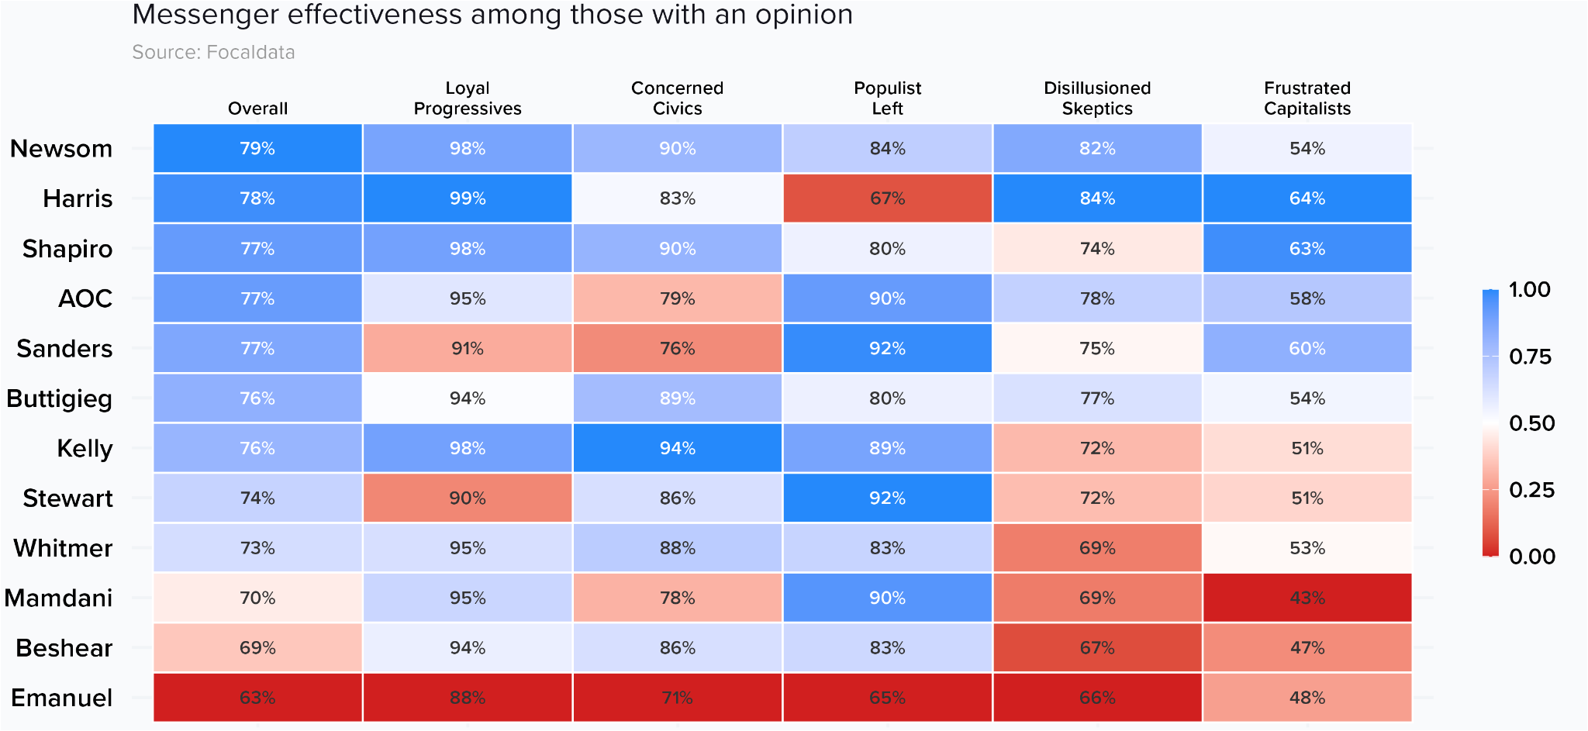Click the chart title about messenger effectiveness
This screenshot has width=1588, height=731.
(x=492, y=15)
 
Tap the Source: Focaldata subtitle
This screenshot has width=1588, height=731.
(x=213, y=52)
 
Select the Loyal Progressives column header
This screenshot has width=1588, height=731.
(x=468, y=98)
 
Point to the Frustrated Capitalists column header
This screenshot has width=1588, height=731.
(x=1307, y=98)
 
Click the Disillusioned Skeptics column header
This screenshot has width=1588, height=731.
(x=1097, y=98)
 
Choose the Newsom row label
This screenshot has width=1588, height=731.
(x=61, y=148)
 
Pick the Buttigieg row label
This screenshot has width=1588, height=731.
(x=60, y=398)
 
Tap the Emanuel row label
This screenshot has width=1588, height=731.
(x=62, y=698)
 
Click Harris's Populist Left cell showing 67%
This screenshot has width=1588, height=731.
(x=887, y=198)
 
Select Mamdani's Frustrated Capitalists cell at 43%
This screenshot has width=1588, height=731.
(x=1307, y=598)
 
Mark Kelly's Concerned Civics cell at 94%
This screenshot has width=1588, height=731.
(x=677, y=448)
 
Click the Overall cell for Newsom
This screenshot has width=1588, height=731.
(x=257, y=148)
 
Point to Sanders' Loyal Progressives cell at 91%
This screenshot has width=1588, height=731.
(x=468, y=348)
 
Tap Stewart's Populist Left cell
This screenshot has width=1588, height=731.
(x=887, y=498)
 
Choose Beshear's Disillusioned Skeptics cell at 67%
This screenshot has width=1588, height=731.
(x=1097, y=647)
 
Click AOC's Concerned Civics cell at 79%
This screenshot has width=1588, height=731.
(x=677, y=298)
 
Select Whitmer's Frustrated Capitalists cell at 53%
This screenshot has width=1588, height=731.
(x=1307, y=548)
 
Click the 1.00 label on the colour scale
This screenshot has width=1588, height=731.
(x=1529, y=290)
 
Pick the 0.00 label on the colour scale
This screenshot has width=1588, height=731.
(x=1531, y=557)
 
